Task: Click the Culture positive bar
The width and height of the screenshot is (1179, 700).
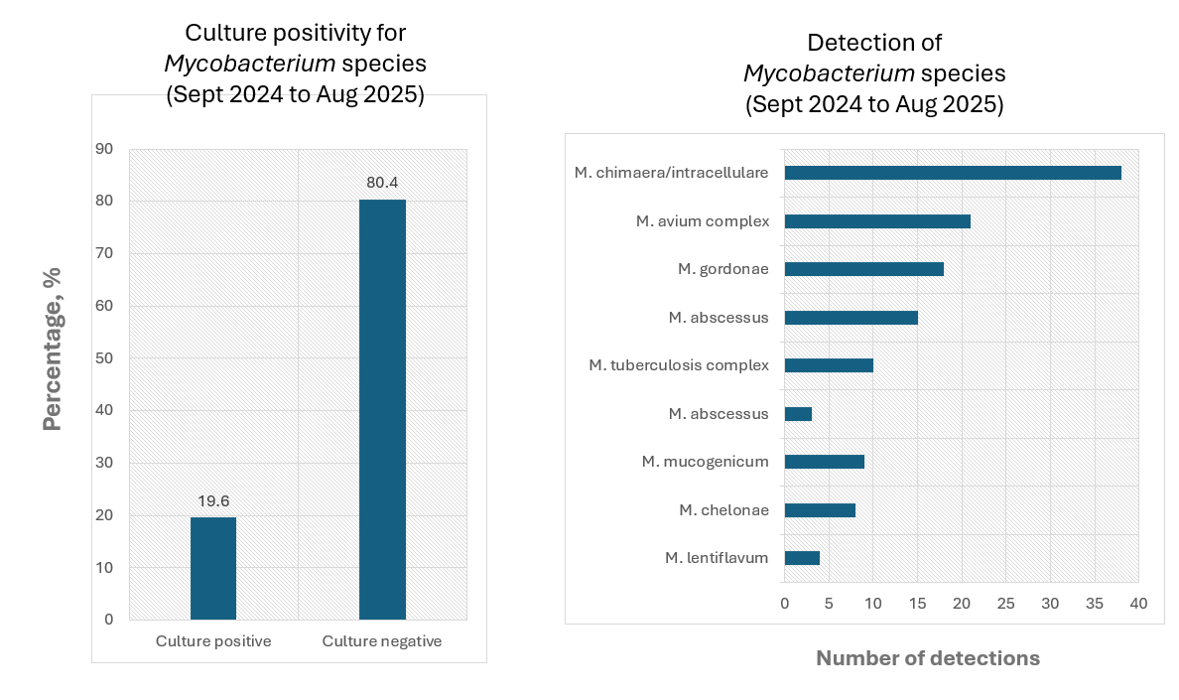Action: tap(212, 568)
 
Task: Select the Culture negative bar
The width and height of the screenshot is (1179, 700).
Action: tap(382, 409)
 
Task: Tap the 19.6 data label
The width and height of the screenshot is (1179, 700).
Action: tap(212, 501)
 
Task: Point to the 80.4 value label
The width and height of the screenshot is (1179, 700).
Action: tap(382, 183)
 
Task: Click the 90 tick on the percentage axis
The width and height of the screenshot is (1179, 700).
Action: tap(104, 149)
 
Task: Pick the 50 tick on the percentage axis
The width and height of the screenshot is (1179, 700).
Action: tap(104, 358)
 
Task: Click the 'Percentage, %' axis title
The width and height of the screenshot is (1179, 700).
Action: tap(53, 348)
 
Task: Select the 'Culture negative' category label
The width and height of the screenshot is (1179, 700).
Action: tap(382, 641)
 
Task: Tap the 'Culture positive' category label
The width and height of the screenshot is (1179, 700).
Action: tap(213, 641)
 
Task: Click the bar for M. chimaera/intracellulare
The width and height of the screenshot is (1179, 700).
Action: tap(953, 173)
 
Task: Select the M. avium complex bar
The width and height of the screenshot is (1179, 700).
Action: tap(877, 221)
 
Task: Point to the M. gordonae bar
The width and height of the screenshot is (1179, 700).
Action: tap(863, 269)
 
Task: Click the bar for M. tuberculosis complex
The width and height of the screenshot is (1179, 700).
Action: tap(829, 365)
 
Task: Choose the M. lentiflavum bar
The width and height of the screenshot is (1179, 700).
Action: tap(802, 558)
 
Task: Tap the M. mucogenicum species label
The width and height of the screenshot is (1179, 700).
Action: tap(705, 462)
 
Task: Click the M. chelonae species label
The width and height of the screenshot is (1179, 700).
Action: tap(723, 510)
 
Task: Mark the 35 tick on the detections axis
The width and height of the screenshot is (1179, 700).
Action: tap(1094, 604)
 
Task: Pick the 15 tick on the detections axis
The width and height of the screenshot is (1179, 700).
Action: tap(917, 604)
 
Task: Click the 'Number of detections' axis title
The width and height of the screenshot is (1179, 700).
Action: tap(927, 658)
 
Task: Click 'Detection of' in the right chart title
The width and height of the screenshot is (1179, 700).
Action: tap(873, 43)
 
